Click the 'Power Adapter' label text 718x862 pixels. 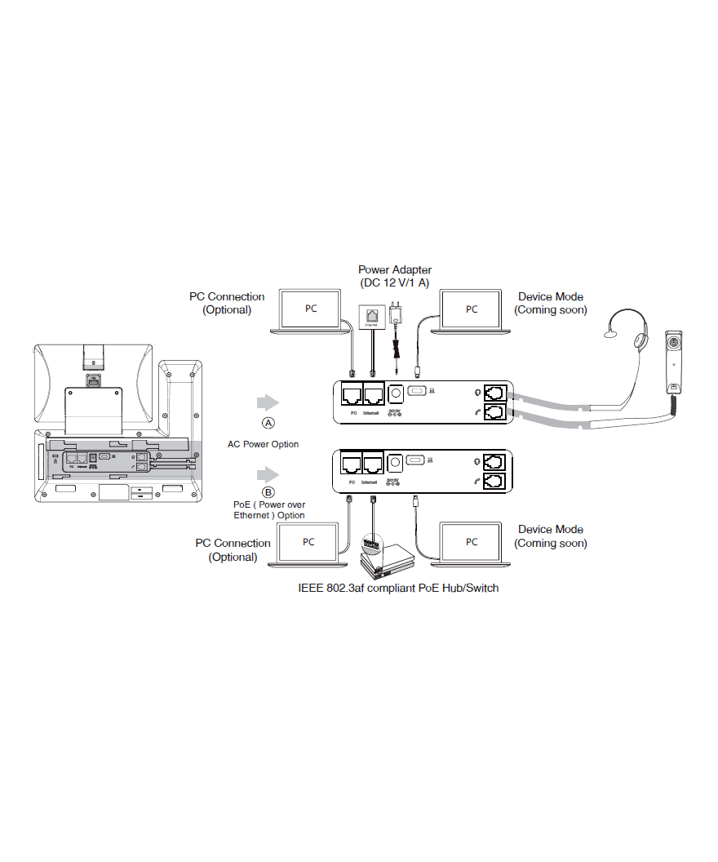pyautogui.click(x=395, y=269)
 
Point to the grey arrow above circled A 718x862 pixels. pyautogui.click(x=268, y=402)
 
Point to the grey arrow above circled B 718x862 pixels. pyautogui.click(x=268, y=473)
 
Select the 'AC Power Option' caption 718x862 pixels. pyautogui.click(x=263, y=445)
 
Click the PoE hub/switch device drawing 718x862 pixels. pyautogui.click(x=387, y=559)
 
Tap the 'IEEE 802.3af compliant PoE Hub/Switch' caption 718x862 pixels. pyautogui.click(x=398, y=588)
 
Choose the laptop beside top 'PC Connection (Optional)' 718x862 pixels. pyautogui.click(x=311, y=310)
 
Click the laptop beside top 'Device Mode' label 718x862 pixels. pyautogui.click(x=472, y=310)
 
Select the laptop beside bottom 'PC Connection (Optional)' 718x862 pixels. pyautogui.click(x=308, y=543)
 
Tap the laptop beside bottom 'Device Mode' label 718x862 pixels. pyautogui.click(x=472, y=543)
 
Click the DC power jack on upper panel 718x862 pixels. pyautogui.click(x=396, y=393)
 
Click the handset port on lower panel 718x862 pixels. pyautogui.click(x=494, y=482)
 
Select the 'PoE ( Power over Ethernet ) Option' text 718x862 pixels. pyautogui.click(x=269, y=510)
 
